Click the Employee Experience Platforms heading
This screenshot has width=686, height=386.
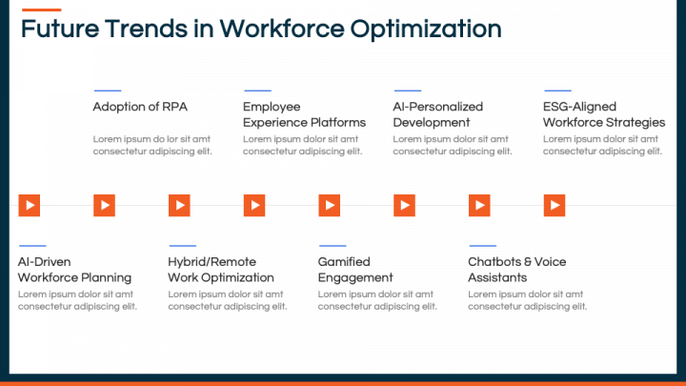pyautogui.click(x=304, y=114)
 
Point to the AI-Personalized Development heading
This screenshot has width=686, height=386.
pyautogui.click(x=437, y=114)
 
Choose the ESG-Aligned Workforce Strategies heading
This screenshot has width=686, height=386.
pyautogui.click(x=603, y=114)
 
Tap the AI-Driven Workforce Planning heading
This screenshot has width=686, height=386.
pyautogui.click(x=74, y=270)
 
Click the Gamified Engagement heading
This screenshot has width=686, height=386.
pyautogui.click(x=354, y=270)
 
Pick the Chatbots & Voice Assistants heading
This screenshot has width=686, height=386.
pyautogui.click(x=516, y=270)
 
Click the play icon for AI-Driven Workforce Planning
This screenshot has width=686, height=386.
pyautogui.click(x=30, y=205)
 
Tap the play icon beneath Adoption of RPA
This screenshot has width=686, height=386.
pyautogui.click(x=104, y=205)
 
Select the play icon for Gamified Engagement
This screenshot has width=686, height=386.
pyautogui.click(x=329, y=205)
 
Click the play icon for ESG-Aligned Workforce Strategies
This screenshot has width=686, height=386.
pyautogui.click(x=555, y=205)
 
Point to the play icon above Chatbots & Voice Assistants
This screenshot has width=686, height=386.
pyautogui.click(x=479, y=205)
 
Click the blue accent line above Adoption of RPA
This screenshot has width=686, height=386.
pyautogui.click(x=107, y=91)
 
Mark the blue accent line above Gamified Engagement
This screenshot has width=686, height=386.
pyautogui.click(x=332, y=246)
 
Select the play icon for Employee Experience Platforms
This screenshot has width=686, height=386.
pyautogui.click(x=254, y=205)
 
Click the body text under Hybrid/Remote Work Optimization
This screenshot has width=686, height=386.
pyautogui.click(x=227, y=300)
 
